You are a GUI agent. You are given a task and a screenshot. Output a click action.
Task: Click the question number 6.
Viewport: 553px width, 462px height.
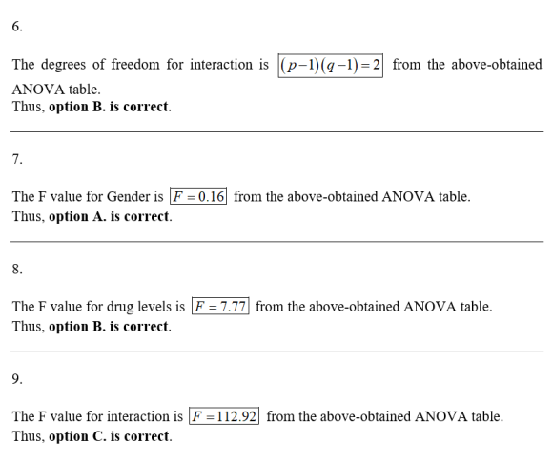(x=17, y=27)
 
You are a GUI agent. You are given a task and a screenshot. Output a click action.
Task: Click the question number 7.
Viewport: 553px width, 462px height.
(x=17, y=159)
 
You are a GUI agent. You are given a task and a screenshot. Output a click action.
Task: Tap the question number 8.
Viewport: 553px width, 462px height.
(x=17, y=270)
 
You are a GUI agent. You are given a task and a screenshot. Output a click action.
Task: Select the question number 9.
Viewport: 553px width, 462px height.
(x=17, y=379)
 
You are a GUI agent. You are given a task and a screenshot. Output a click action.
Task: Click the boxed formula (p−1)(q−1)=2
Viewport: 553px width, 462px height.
(x=331, y=65)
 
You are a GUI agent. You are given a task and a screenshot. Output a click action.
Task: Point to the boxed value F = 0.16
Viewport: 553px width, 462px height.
(x=198, y=196)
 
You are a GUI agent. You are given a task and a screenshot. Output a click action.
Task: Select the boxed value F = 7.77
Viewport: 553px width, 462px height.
(x=220, y=306)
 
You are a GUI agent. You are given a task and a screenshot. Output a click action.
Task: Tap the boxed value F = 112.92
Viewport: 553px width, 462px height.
(x=224, y=416)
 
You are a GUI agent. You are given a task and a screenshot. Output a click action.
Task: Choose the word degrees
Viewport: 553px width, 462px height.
(x=64, y=65)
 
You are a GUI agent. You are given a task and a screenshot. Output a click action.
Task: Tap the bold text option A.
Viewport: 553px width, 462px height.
(x=77, y=216)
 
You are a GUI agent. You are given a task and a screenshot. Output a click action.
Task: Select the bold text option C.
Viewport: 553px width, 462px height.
(x=77, y=436)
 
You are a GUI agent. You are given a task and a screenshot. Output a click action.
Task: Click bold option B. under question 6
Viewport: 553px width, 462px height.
(x=77, y=107)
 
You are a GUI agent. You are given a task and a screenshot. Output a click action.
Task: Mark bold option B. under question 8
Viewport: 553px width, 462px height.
(x=77, y=327)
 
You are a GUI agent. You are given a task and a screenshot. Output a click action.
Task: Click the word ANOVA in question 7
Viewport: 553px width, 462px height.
(x=408, y=196)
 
